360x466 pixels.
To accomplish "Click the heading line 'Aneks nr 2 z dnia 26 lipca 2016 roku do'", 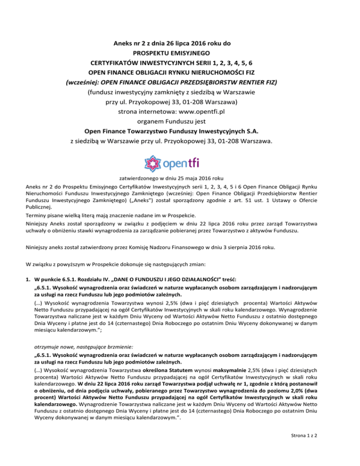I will tap(180, 45).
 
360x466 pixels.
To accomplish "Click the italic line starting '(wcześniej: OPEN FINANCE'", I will tap(180, 83).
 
